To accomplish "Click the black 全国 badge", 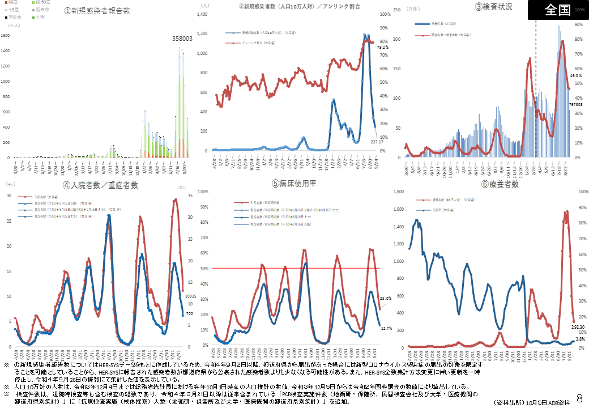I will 557,10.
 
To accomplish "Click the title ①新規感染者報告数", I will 97,11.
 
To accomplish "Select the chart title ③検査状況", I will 494,7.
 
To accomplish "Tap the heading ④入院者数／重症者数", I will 101,185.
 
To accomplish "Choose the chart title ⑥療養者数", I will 500,184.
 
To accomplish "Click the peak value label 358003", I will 182,39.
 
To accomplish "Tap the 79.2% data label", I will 383,48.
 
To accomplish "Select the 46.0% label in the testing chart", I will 576,75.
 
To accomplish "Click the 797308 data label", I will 576,105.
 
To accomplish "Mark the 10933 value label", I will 190,296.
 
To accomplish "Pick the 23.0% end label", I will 385,298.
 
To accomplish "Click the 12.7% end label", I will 386,328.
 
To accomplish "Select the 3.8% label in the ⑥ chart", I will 580,338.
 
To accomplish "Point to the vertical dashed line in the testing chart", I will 536,91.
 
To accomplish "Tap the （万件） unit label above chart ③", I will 413,9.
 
